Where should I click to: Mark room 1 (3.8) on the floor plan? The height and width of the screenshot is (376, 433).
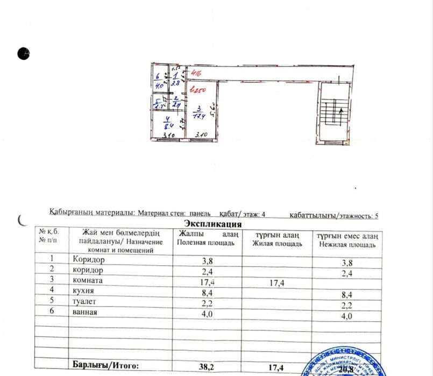[175, 79]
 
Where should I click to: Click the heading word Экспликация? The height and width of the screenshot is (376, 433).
[212, 223]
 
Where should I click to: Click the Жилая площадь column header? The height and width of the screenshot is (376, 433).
[277, 243]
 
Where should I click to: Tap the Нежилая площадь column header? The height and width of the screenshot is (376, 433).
[347, 243]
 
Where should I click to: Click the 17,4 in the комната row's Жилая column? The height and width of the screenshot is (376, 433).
[278, 282]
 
